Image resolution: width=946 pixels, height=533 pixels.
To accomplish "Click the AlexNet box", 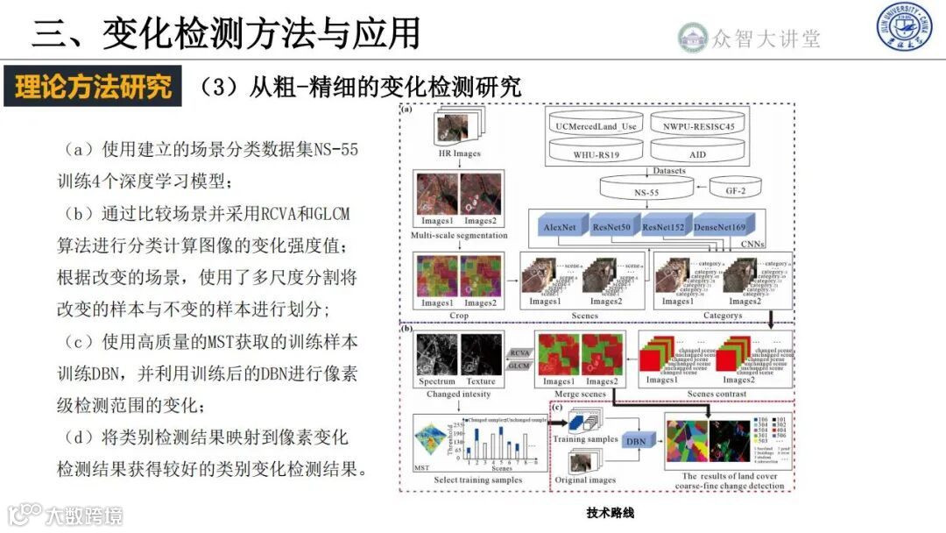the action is [559, 227].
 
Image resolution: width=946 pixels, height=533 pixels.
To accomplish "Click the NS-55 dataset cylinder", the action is [646, 188].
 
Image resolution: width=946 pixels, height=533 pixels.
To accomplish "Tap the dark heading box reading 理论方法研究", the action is [93, 86].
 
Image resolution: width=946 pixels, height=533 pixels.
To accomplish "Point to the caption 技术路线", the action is [610, 514].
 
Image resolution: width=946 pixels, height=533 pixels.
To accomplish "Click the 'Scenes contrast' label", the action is [717, 394].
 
